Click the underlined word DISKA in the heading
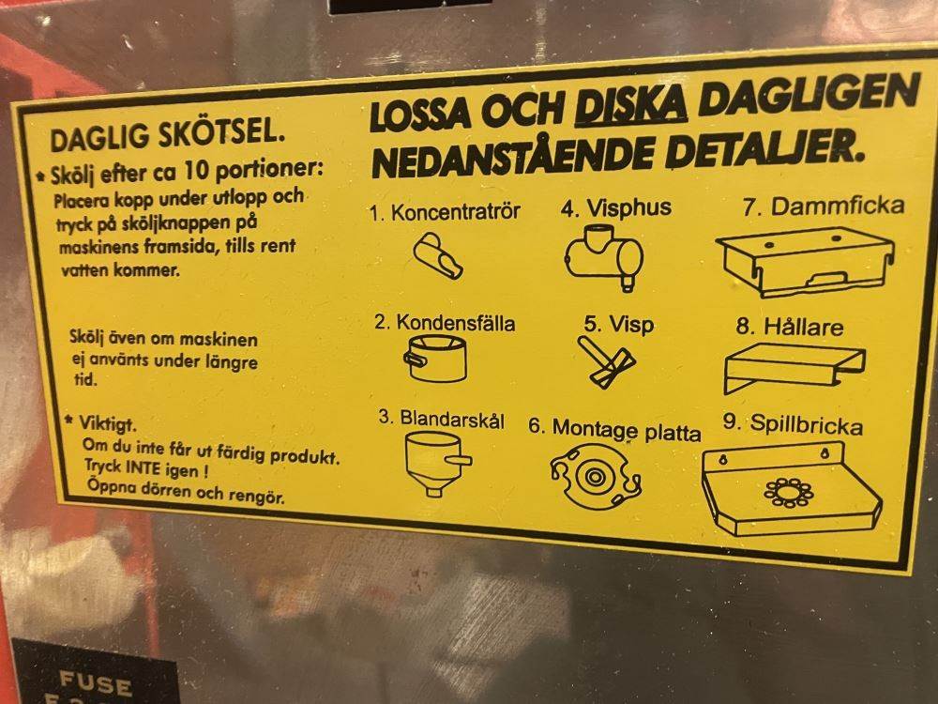pos(630,106)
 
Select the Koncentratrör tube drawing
pos(438,255)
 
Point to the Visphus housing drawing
pos(604,257)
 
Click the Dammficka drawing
pos(805,262)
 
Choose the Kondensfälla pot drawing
pos(435,358)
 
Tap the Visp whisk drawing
pos(605,361)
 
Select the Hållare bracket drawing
pos(794,367)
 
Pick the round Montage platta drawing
pos(596,477)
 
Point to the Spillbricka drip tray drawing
pos(791,488)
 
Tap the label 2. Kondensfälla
pos(445,323)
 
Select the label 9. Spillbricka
pos(793,424)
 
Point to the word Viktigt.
pos(108,424)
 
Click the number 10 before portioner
pos(197,171)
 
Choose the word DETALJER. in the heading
pos(765,148)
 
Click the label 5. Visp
pos(618,325)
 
